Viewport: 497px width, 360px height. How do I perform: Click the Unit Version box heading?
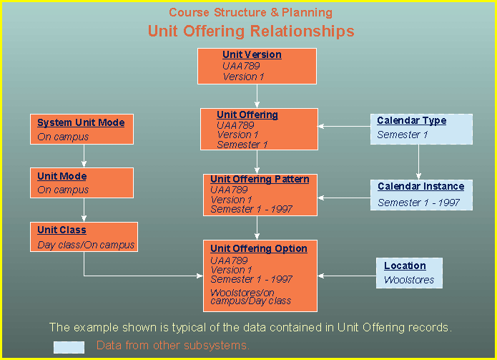click(252, 54)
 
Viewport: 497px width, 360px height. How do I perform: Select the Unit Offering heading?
click(247, 115)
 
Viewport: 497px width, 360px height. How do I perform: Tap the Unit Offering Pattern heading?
click(260, 179)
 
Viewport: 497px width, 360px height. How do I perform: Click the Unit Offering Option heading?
click(259, 248)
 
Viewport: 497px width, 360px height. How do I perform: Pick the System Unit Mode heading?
click(81, 122)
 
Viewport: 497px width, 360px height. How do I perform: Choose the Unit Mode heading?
click(62, 176)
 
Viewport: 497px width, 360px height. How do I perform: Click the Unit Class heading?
click(61, 230)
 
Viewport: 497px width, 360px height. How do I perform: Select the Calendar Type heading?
click(411, 120)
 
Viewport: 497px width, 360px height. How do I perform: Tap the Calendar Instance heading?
click(421, 186)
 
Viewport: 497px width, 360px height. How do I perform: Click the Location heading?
click(405, 266)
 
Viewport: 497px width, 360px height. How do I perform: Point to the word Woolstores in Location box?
click(409, 280)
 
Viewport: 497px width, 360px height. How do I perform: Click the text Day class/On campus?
click(86, 245)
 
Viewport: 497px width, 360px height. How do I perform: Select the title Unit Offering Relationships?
click(250, 31)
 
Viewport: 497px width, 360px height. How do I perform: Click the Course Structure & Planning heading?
click(250, 12)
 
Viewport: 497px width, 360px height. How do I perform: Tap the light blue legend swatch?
click(69, 347)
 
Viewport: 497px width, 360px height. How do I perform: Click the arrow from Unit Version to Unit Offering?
click(257, 96)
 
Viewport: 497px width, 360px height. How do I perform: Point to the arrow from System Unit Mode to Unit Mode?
click(84, 156)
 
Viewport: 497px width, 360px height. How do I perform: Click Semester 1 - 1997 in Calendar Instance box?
click(419, 203)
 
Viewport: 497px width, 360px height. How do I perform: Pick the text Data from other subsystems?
click(173, 346)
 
